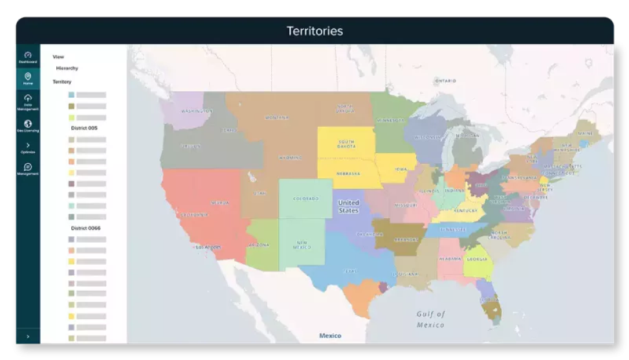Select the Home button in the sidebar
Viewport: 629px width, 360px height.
pyautogui.click(x=28, y=78)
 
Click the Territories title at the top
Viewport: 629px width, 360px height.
pyautogui.click(x=314, y=31)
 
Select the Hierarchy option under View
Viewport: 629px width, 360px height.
pyautogui.click(x=67, y=68)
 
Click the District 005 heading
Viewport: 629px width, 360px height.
pyautogui.click(x=84, y=128)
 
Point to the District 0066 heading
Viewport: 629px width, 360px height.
pyautogui.click(x=85, y=228)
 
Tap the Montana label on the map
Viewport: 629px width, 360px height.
pyautogui.click(x=277, y=118)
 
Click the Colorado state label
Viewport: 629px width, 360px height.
pyautogui.click(x=305, y=199)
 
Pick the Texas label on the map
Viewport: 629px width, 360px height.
pyautogui.click(x=349, y=271)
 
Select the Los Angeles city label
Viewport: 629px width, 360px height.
pyautogui.click(x=208, y=247)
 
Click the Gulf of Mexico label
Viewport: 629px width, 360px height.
pyautogui.click(x=430, y=319)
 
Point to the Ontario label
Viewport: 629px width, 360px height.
pyautogui.click(x=445, y=81)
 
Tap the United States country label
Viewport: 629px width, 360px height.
pyautogui.click(x=348, y=207)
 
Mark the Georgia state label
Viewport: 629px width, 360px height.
pyautogui.click(x=477, y=259)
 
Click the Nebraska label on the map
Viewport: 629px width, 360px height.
pyautogui.click(x=348, y=174)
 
